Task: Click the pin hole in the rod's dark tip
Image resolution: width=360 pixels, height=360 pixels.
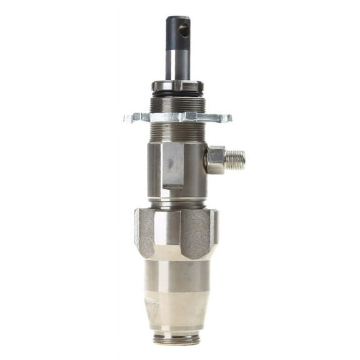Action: (184, 29)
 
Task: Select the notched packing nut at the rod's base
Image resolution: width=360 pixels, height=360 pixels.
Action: (177, 86)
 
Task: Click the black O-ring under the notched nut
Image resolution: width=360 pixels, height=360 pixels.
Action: (177, 94)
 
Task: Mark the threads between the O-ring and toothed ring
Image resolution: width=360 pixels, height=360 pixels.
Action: (177, 103)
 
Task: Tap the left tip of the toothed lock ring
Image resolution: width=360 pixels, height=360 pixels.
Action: (127, 117)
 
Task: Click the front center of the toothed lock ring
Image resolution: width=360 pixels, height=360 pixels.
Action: (177, 117)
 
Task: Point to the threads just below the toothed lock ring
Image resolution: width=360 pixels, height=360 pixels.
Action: (177, 132)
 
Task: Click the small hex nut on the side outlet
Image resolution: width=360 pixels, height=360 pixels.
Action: (214, 160)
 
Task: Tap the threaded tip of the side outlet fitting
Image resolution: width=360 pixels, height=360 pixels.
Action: (236, 160)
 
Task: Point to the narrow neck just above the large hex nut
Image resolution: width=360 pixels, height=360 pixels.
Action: (177, 203)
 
